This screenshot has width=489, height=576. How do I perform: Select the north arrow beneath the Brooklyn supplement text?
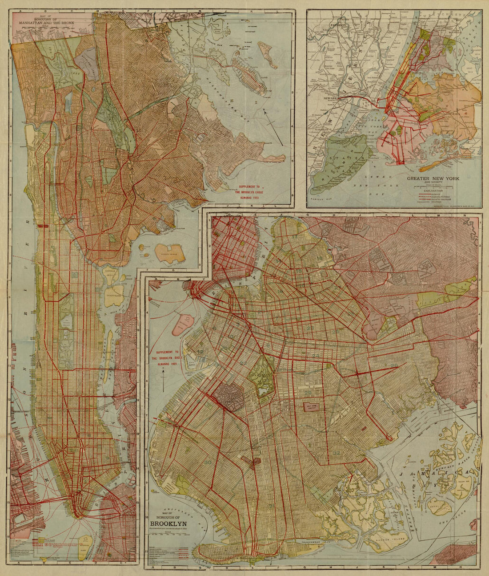click(x=164, y=381)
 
